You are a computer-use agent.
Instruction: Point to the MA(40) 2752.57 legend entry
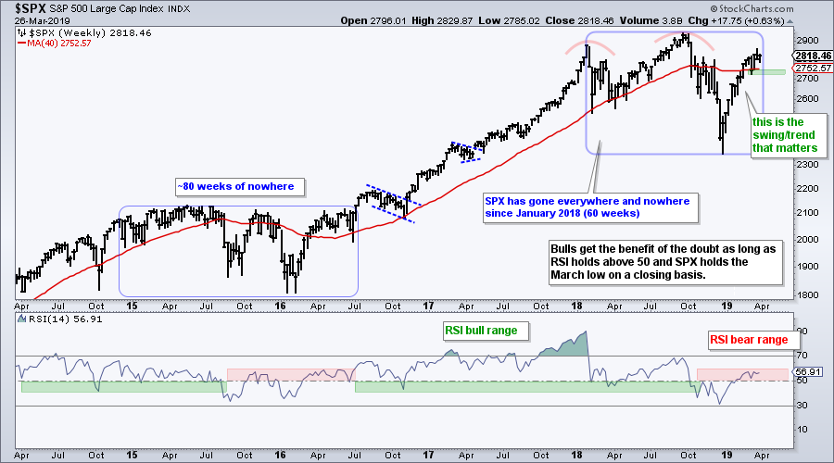click(60, 43)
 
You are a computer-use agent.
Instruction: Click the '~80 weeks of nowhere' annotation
click(235, 187)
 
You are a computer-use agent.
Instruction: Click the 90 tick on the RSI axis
click(803, 331)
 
